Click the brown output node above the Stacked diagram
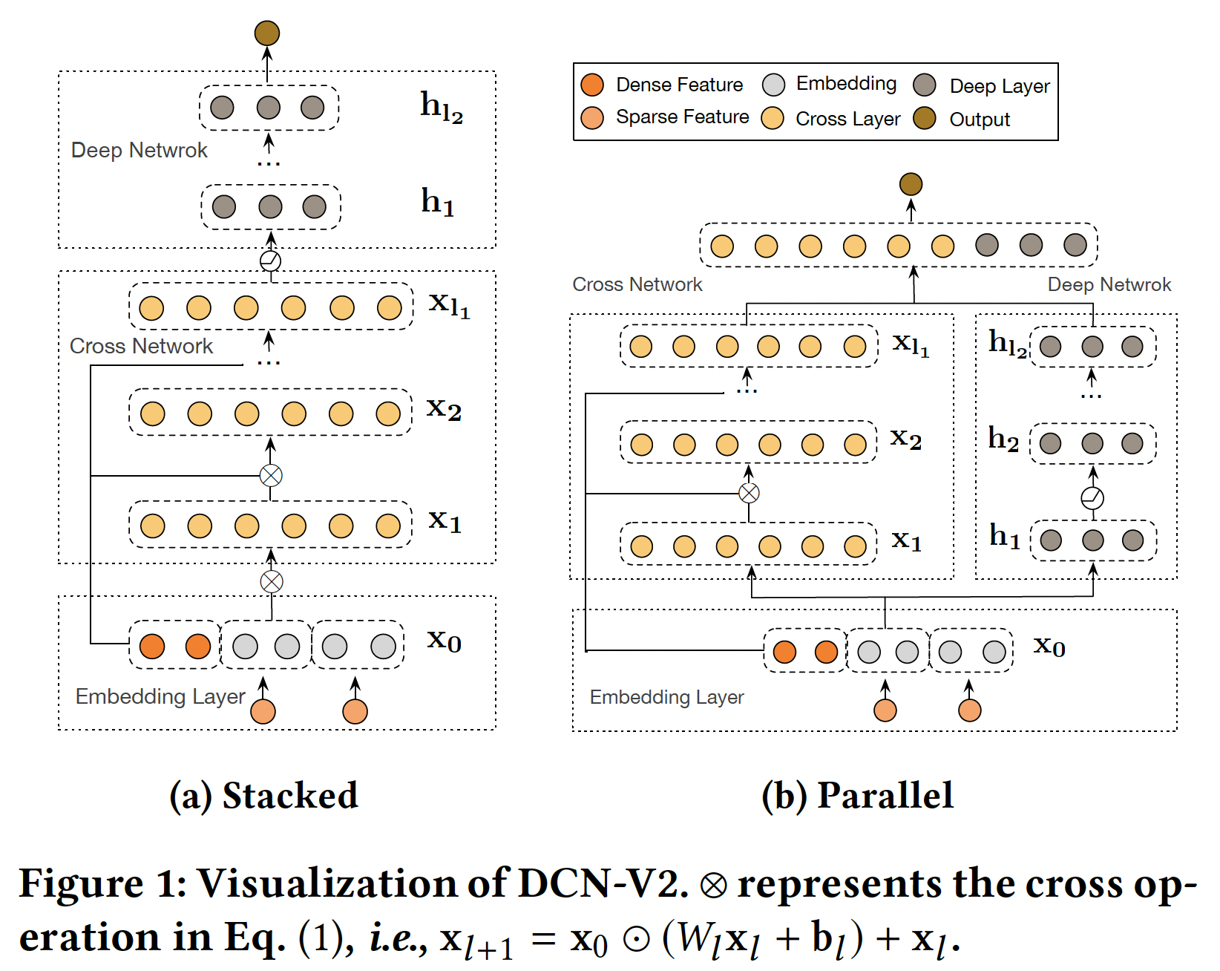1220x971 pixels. click(267, 33)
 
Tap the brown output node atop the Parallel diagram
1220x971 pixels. click(911, 184)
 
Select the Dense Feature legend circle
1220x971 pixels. click(592, 85)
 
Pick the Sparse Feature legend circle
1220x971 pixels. click(592, 117)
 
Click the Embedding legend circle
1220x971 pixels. click(773, 85)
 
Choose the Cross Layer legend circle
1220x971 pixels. click(773, 118)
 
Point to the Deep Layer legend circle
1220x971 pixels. click(925, 85)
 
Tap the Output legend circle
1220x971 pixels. click(925, 118)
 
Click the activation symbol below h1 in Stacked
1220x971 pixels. click(271, 261)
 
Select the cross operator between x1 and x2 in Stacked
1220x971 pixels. click(271, 475)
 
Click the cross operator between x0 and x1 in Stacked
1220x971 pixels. click(272, 581)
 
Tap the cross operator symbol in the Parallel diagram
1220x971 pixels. click(749, 493)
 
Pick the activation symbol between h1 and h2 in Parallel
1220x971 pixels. click(1092, 498)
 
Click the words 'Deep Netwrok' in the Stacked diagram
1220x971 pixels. click(139, 150)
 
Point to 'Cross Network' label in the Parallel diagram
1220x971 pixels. click(637, 284)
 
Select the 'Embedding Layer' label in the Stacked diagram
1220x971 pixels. click(160, 696)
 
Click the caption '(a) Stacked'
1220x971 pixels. click(263, 796)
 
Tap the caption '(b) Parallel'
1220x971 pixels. click(857, 796)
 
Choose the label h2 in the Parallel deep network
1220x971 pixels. click(1003, 439)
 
